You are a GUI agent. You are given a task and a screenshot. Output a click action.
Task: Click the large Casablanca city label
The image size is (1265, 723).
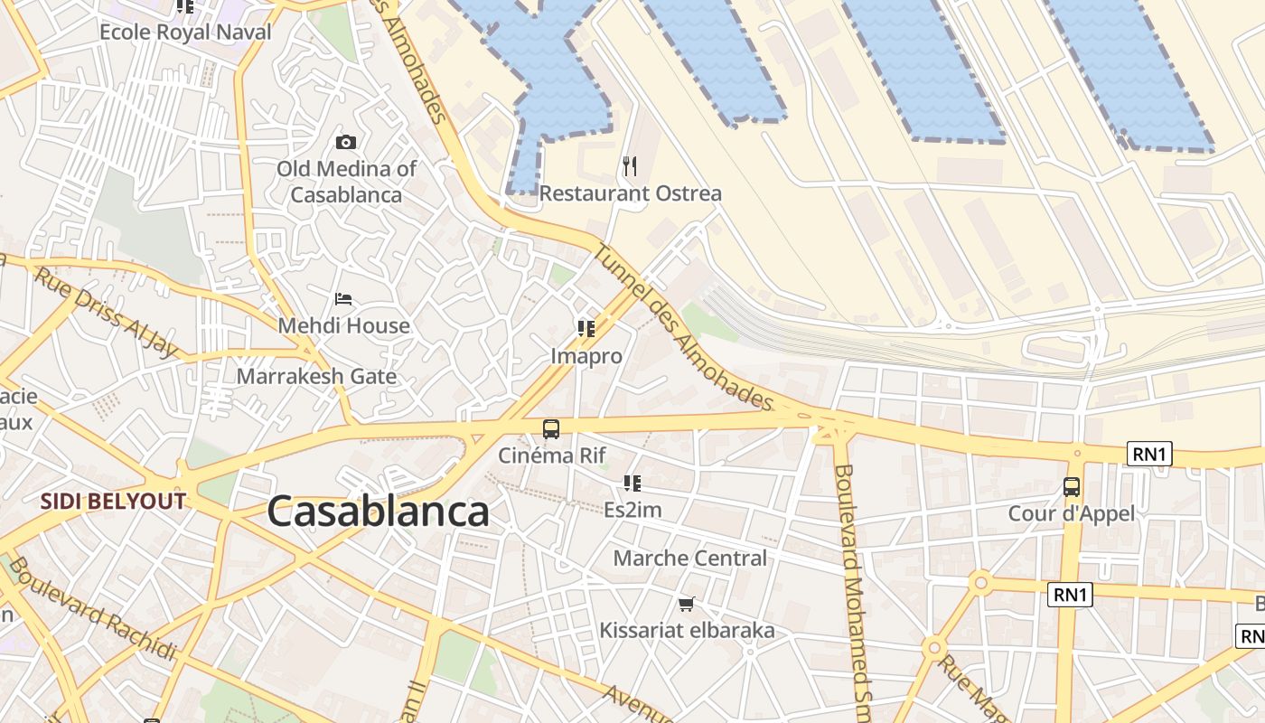[x=378, y=512]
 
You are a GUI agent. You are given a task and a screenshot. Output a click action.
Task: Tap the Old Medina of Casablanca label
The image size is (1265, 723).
[x=346, y=181]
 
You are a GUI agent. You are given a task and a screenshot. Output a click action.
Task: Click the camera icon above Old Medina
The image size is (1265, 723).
[x=345, y=142]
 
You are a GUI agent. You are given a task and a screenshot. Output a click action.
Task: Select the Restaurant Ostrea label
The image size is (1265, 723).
[x=631, y=193]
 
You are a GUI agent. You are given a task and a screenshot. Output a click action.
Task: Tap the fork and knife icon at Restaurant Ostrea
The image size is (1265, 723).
[x=630, y=166]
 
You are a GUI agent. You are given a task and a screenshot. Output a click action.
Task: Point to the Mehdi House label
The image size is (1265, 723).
[x=343, y=325]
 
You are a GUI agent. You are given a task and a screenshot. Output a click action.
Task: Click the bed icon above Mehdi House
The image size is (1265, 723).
[x=343, y=299]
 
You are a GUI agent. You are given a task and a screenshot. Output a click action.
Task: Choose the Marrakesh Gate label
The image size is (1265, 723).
[x=316, y=376]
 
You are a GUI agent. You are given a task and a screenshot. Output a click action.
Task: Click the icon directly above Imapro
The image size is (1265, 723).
[x=586, y=329]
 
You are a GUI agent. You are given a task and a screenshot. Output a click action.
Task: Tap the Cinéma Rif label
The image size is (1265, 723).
[x=551, y=455]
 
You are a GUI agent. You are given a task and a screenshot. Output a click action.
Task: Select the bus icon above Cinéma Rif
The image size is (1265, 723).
[x=550, y=429]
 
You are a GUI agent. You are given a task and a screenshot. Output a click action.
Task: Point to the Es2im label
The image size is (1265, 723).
[x=632, y=510]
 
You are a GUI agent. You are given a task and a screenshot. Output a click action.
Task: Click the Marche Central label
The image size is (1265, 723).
[x=689, y=559]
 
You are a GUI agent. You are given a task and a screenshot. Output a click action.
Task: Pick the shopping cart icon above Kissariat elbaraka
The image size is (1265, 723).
[x=687, y=604]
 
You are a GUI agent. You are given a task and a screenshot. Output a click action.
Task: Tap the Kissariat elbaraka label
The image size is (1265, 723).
[x=687, y=630]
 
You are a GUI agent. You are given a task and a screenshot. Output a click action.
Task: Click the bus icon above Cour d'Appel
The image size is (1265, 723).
[x=1072, y=487]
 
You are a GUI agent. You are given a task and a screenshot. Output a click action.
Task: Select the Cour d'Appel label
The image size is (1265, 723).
[x=1072, y=513]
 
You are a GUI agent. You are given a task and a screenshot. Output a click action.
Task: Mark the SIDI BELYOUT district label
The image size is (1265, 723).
[x=113, y=502]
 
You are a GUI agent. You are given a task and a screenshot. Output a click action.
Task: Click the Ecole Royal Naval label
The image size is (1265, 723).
[x=185, y=33]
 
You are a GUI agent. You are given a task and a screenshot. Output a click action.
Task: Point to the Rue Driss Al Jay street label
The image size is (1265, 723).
[x=106, y=312]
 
